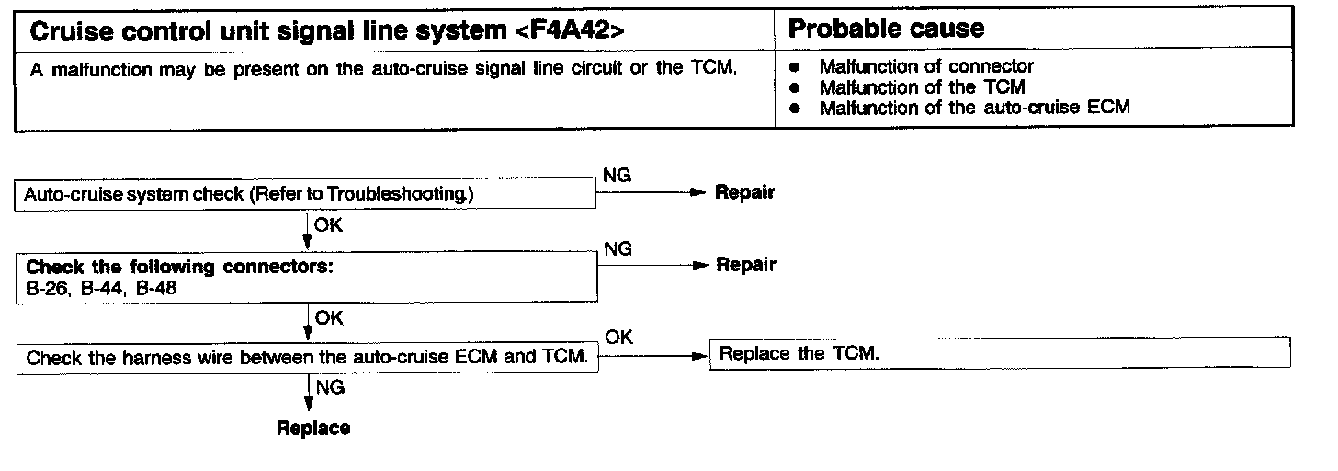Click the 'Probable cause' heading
point(886,29)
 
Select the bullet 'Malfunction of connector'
point(925,66)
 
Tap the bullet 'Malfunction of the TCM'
point(922,87)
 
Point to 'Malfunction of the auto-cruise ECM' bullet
point(973,108)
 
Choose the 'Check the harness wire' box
point(307,358)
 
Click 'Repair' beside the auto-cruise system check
point(744,193)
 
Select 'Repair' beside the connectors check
point(745,266)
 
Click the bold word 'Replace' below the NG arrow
point(313,429)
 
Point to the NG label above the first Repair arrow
point(617,176)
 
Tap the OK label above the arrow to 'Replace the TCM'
point(619,338)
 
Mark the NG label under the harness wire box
point(330,388)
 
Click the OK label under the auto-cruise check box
point(328,224)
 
